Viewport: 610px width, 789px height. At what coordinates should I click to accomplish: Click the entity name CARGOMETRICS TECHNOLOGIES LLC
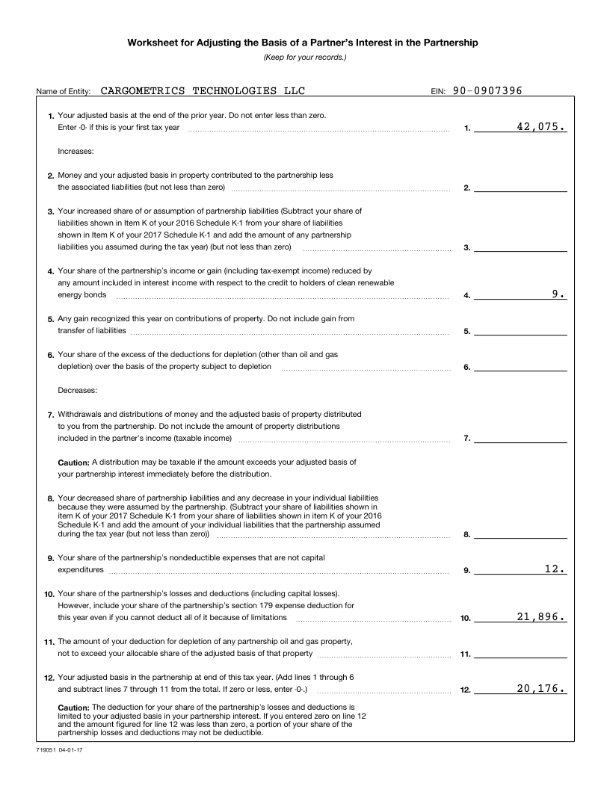pos(203,91)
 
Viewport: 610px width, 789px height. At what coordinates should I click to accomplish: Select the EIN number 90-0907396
pos(487,91)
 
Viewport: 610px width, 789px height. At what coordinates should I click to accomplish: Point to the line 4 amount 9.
pos(558,294)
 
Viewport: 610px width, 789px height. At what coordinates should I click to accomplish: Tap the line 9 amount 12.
pos(555,569)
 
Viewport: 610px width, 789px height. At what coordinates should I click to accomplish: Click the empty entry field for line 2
pos(520,187)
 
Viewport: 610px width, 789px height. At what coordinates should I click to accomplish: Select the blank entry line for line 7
pos(520,438)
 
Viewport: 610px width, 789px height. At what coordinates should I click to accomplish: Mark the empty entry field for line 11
pos(520,653)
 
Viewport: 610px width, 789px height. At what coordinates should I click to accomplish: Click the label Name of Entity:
pos(64,92)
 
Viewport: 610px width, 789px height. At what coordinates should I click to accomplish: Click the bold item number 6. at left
pos(51,355)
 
